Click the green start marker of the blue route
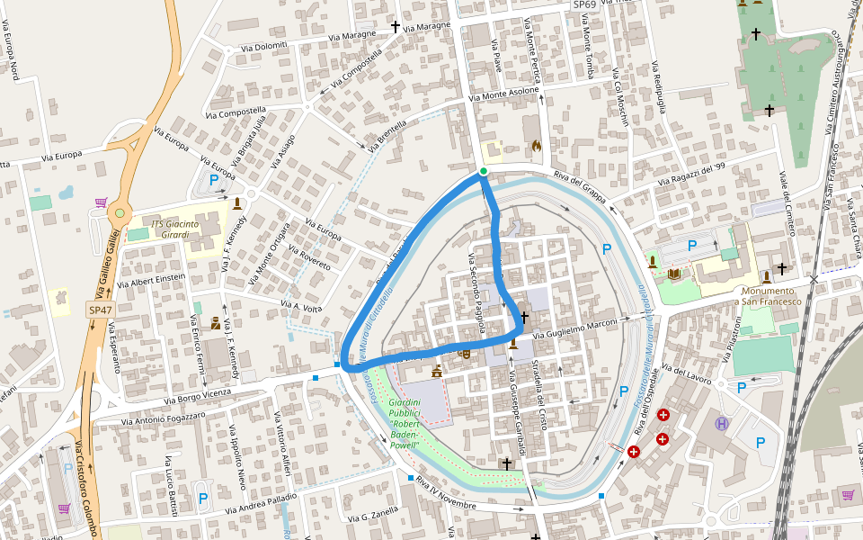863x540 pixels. click(x=484, y=171)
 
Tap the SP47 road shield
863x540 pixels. click(x=100, y=310)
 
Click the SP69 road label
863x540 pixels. click(x=584, y=4)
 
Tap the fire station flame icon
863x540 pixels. click(x=537, y=145)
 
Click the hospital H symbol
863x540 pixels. click(x=721, y=423)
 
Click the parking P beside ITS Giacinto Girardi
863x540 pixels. click(x=214, y=180)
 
